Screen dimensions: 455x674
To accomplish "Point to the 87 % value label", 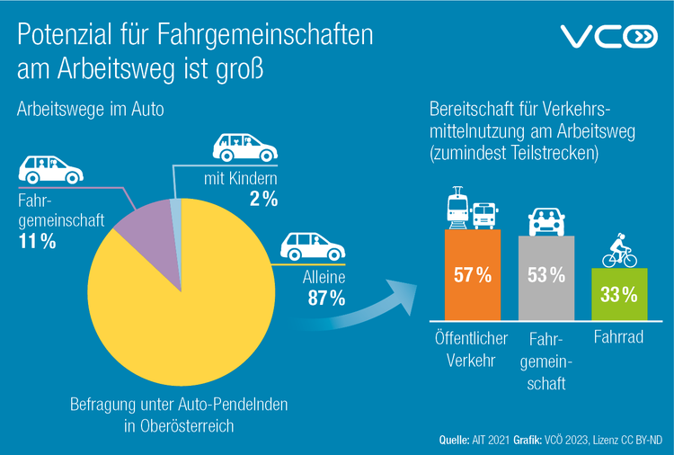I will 326,299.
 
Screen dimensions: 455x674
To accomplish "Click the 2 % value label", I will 263,200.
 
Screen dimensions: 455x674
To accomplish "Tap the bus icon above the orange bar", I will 485,214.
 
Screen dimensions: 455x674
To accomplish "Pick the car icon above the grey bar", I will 545,219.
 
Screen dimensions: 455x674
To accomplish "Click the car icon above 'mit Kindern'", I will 243,147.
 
